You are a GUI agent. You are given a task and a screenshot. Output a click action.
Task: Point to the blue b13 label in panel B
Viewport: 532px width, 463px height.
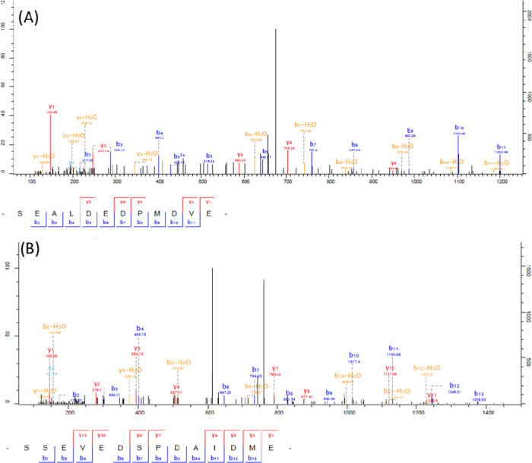[479, 393]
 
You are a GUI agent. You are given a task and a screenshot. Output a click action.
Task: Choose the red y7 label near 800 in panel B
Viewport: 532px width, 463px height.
[275, 368]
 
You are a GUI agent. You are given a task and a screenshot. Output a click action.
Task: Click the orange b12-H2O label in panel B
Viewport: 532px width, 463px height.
[427, 368]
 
